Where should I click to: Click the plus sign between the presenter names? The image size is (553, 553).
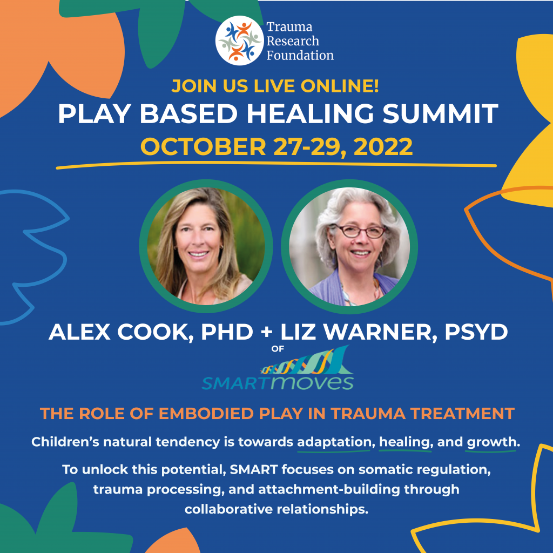coord(266,332)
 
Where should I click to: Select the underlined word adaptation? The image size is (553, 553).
coord(335,442)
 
